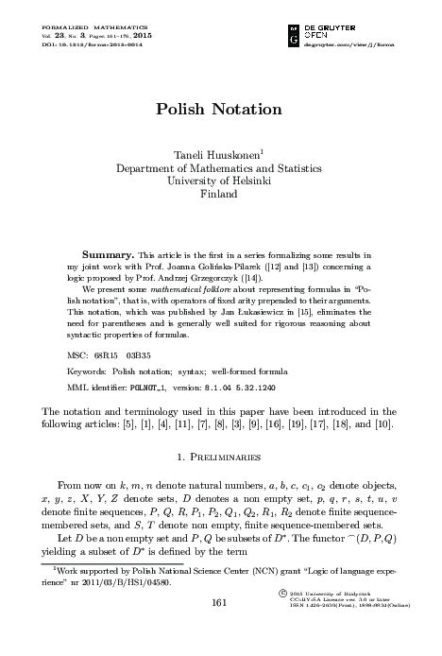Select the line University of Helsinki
point(219,180)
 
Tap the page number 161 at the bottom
point(220,629)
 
